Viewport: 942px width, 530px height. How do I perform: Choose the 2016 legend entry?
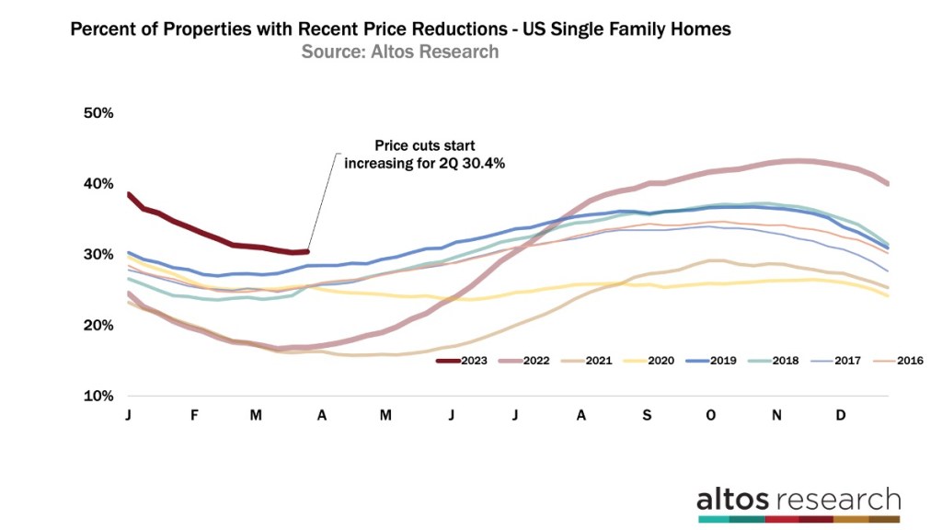tap(906, 361)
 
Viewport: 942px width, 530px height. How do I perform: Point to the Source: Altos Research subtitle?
tap(400, 52)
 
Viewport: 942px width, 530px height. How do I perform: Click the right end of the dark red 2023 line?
tap(308, 251)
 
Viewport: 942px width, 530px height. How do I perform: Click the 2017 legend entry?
tap(844, 361)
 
